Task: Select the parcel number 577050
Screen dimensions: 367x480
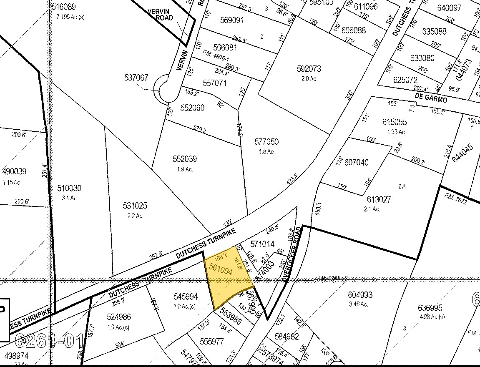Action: pyautogui.click(x=266, y=142)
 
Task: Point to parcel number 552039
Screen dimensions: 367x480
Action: pyautogui.click(x=185, y=159)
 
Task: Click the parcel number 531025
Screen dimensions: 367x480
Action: pyautogui.click(x=135, y=206)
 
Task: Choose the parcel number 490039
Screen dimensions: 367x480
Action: pyautogui.click(x=15, y=172)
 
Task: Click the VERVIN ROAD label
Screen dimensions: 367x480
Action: pyautogui.click(x=161, y=14)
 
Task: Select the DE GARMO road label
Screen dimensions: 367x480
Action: pyautogui.click(x=431, y=98)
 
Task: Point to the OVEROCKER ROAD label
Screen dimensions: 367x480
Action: pyautogui.click(x=292, y=254)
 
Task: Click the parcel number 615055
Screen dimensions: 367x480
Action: pyautogui.click(x=394, y=122)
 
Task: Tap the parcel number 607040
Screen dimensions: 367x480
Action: pyautogui.click(x=357, y=162)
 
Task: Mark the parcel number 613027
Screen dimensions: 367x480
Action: pyautogui.click(x=379, y=199)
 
